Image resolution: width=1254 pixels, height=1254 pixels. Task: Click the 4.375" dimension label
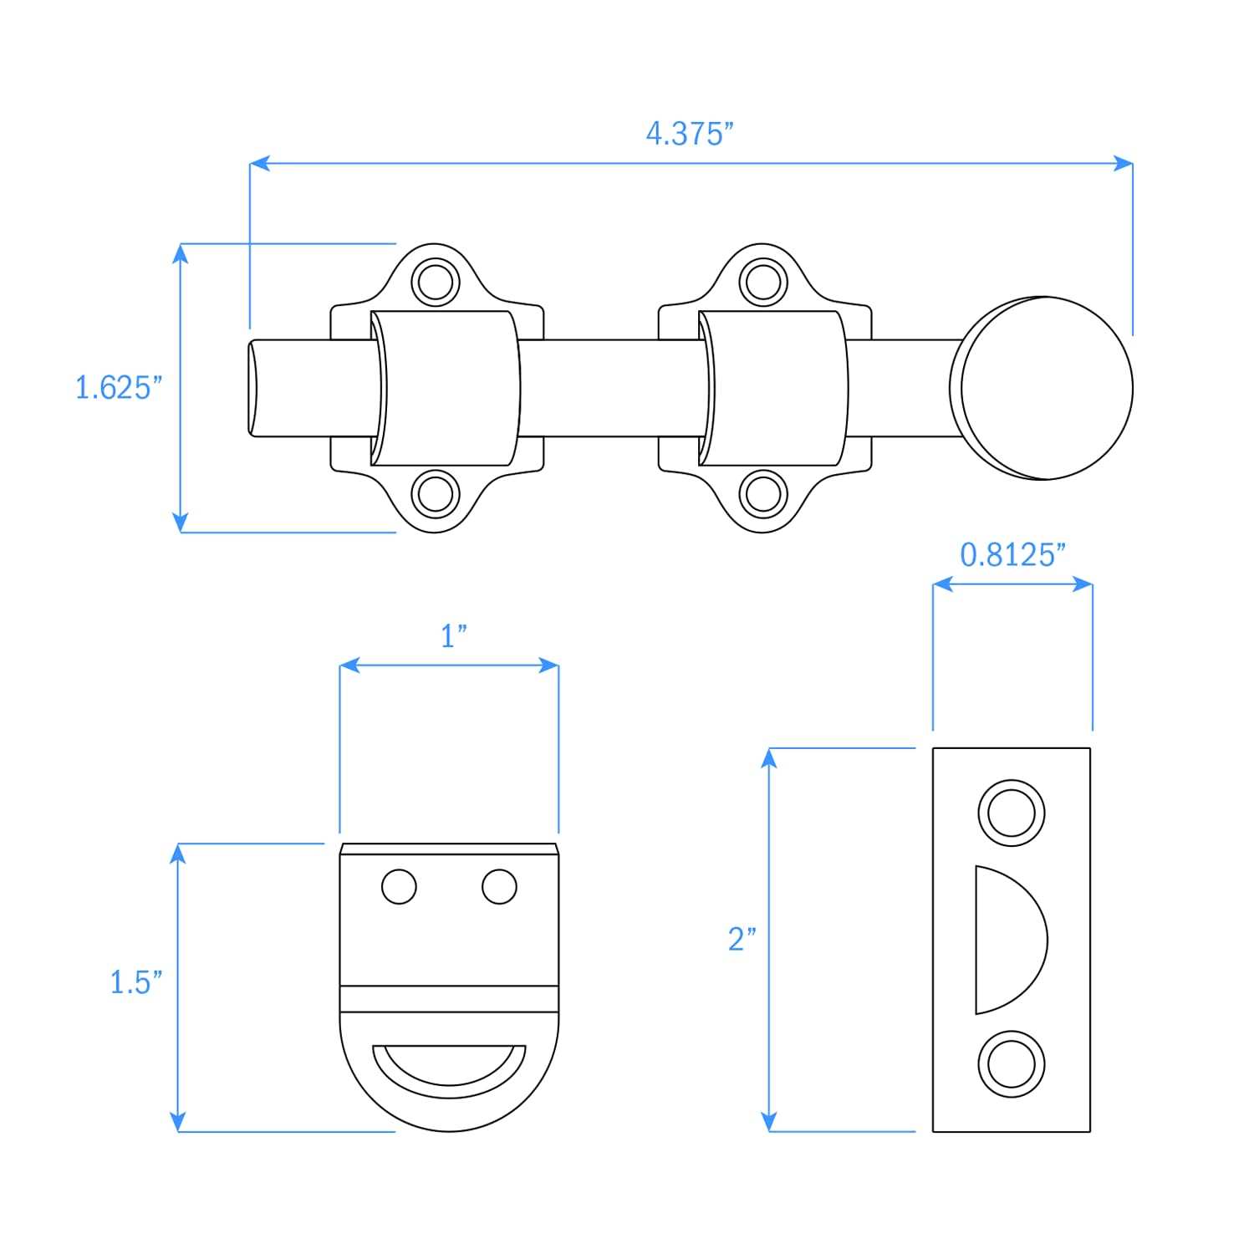(690, 134)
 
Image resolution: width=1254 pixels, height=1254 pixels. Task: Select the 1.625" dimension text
(118, 388)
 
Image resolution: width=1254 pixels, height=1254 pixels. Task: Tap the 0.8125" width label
(1012, 555)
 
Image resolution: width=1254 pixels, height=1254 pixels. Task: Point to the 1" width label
(453, 636)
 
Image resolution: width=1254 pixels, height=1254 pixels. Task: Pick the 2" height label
(742, 939)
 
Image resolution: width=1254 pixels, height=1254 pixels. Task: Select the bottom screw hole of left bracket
(436, 493)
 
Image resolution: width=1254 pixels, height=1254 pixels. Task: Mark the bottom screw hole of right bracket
(763, 493)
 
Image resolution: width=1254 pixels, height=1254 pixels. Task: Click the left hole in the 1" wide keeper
(399, 886)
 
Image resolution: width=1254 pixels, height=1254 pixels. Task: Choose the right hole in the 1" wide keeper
(499, 886)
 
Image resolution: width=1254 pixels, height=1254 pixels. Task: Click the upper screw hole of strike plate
(1012, 812)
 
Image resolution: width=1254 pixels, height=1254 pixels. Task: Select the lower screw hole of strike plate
(1012, 1064)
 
